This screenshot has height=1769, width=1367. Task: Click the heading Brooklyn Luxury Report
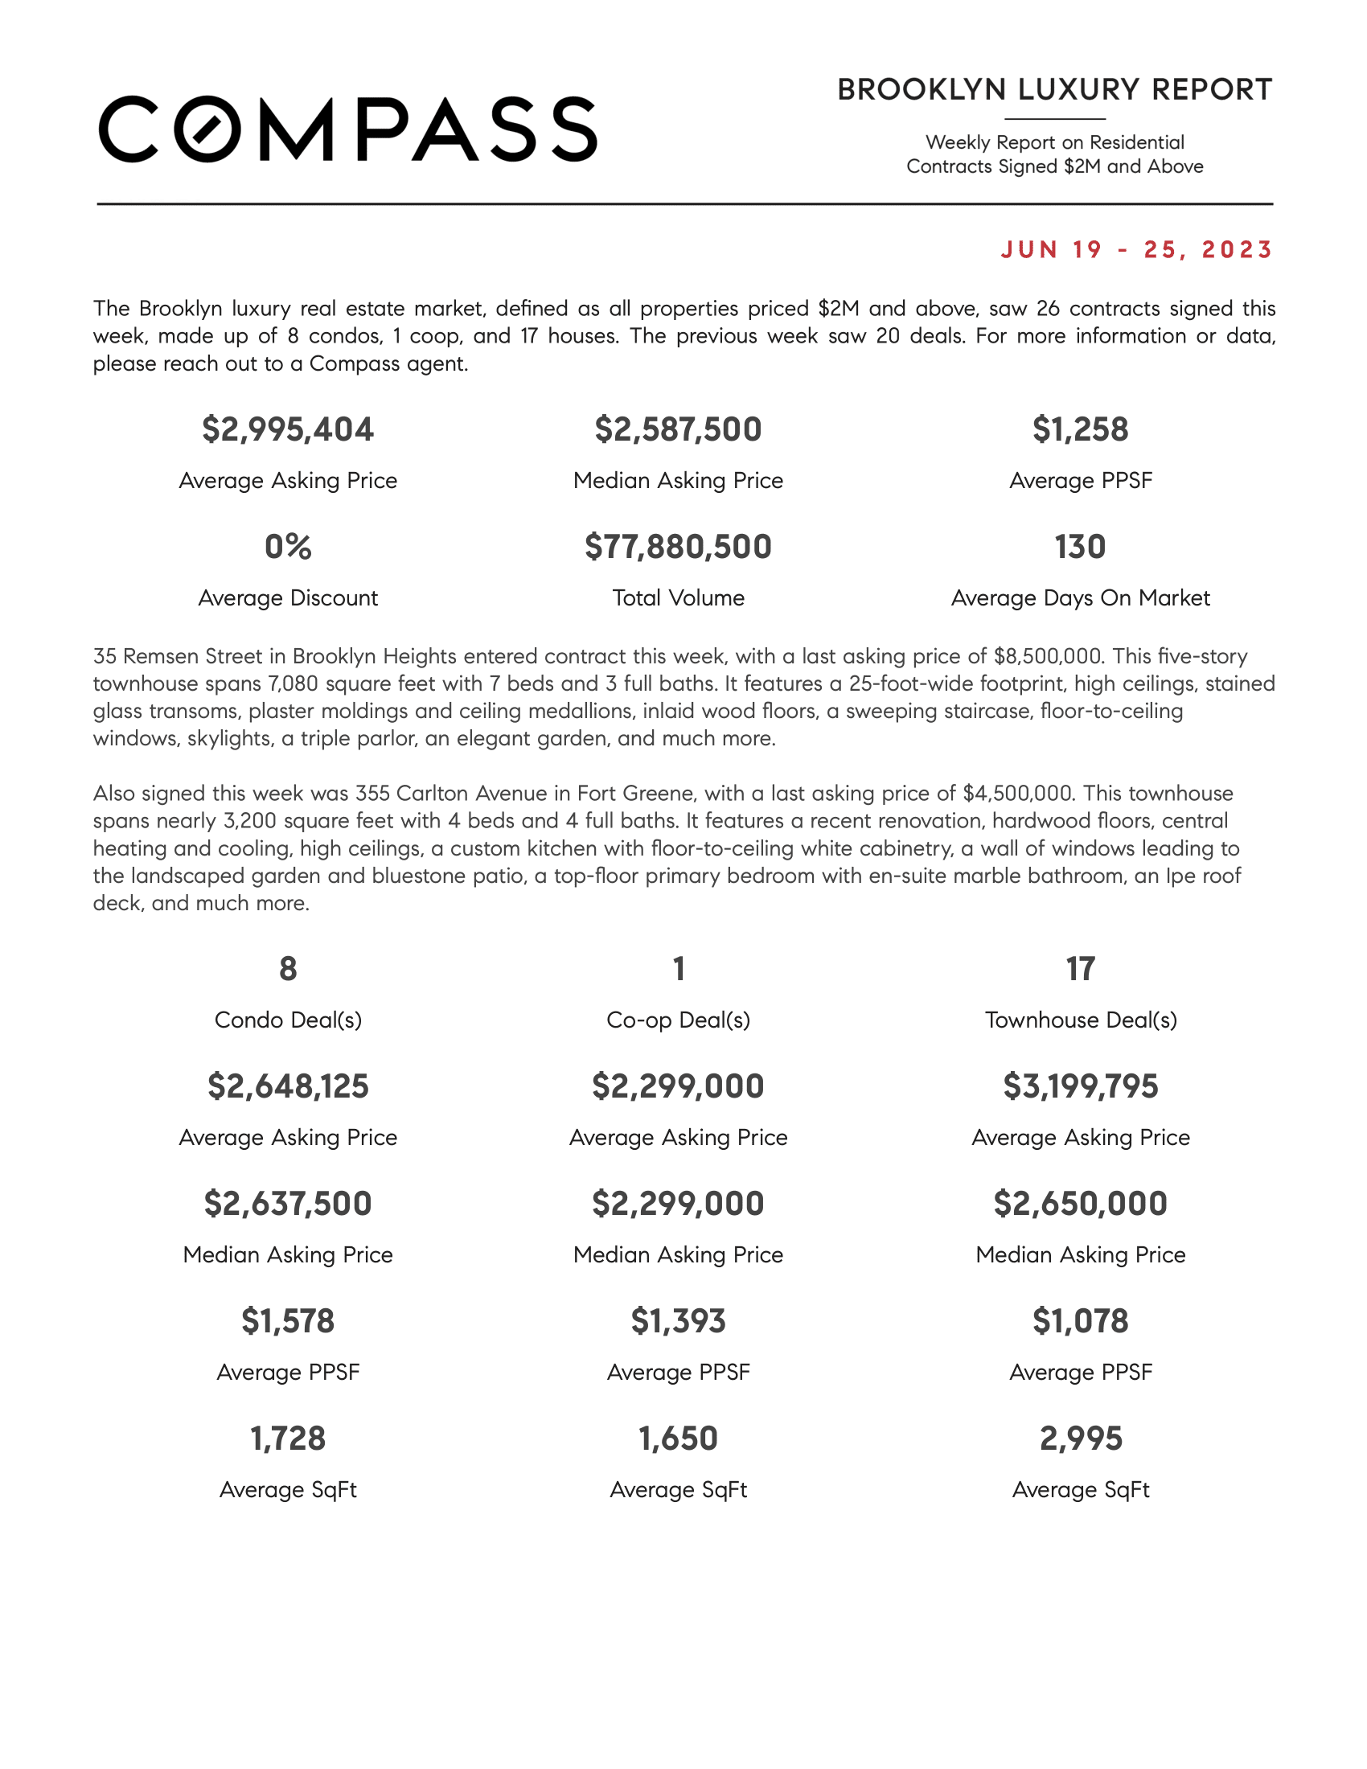click(x=1054, y=90)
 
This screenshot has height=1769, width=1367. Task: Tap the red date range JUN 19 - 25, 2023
click(x=1136, y=249)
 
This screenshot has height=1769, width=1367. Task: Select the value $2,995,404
click(x=288, y=429)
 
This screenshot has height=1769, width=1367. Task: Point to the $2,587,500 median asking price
click(x=678, y=429)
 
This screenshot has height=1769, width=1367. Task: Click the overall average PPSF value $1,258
click(x=1079, y=429)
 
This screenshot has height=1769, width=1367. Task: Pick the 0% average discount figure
click(x=288, y=547)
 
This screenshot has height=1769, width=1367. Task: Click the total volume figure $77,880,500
click(x=678, y=547)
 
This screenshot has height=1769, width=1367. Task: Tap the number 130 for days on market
click(x=1079, y=547)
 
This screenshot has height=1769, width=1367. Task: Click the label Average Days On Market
click(x=1079, y=597)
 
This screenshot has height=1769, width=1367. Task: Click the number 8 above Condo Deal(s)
click(x=288, y=969)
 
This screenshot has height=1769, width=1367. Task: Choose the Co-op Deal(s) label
click(x=678, y=1020)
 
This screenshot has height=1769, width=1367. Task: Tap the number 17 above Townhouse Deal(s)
click(x=1079, y=969)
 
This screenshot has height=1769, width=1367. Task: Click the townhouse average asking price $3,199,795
click(x=1079, y=1086)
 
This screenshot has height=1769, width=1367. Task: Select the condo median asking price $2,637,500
click(x=288, y=1204)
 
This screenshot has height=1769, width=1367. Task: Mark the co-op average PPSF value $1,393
click(x=678, y=1321)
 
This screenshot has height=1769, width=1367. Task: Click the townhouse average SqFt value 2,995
click(x=1079, y=1439)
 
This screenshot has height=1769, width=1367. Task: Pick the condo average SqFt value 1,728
click(x=288, y=1439)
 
